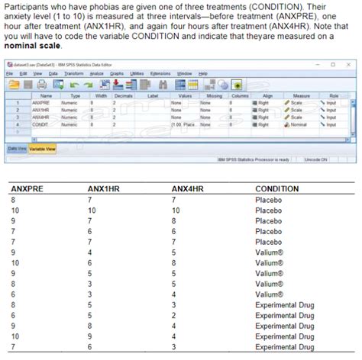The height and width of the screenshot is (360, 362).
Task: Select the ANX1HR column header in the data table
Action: tap(105, 188)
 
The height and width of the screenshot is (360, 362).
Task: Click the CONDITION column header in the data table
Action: tap(276, 188)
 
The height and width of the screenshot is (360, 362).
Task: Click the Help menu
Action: tap(203, 73)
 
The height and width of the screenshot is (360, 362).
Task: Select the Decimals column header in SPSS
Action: tap(124, 96)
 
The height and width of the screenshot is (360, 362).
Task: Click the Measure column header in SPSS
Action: tap(301, 96)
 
